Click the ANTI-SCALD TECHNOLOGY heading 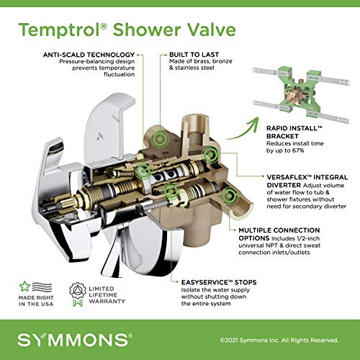point(89,55)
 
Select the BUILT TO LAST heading point(194,55)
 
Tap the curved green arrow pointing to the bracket point(243,130)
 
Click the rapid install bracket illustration point(302,94)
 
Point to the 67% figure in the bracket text point(298,150)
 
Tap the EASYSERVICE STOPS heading point(219,282)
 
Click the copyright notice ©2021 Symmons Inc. point(249,340)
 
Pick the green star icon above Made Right point(24,287)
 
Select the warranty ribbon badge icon point(78,294)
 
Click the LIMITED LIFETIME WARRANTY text point(107,295)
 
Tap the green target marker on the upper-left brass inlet point(159,139)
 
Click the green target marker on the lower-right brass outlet point(229,197)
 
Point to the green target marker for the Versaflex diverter point(210,155)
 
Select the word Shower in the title point(146,30)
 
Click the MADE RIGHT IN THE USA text point(36,301)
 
